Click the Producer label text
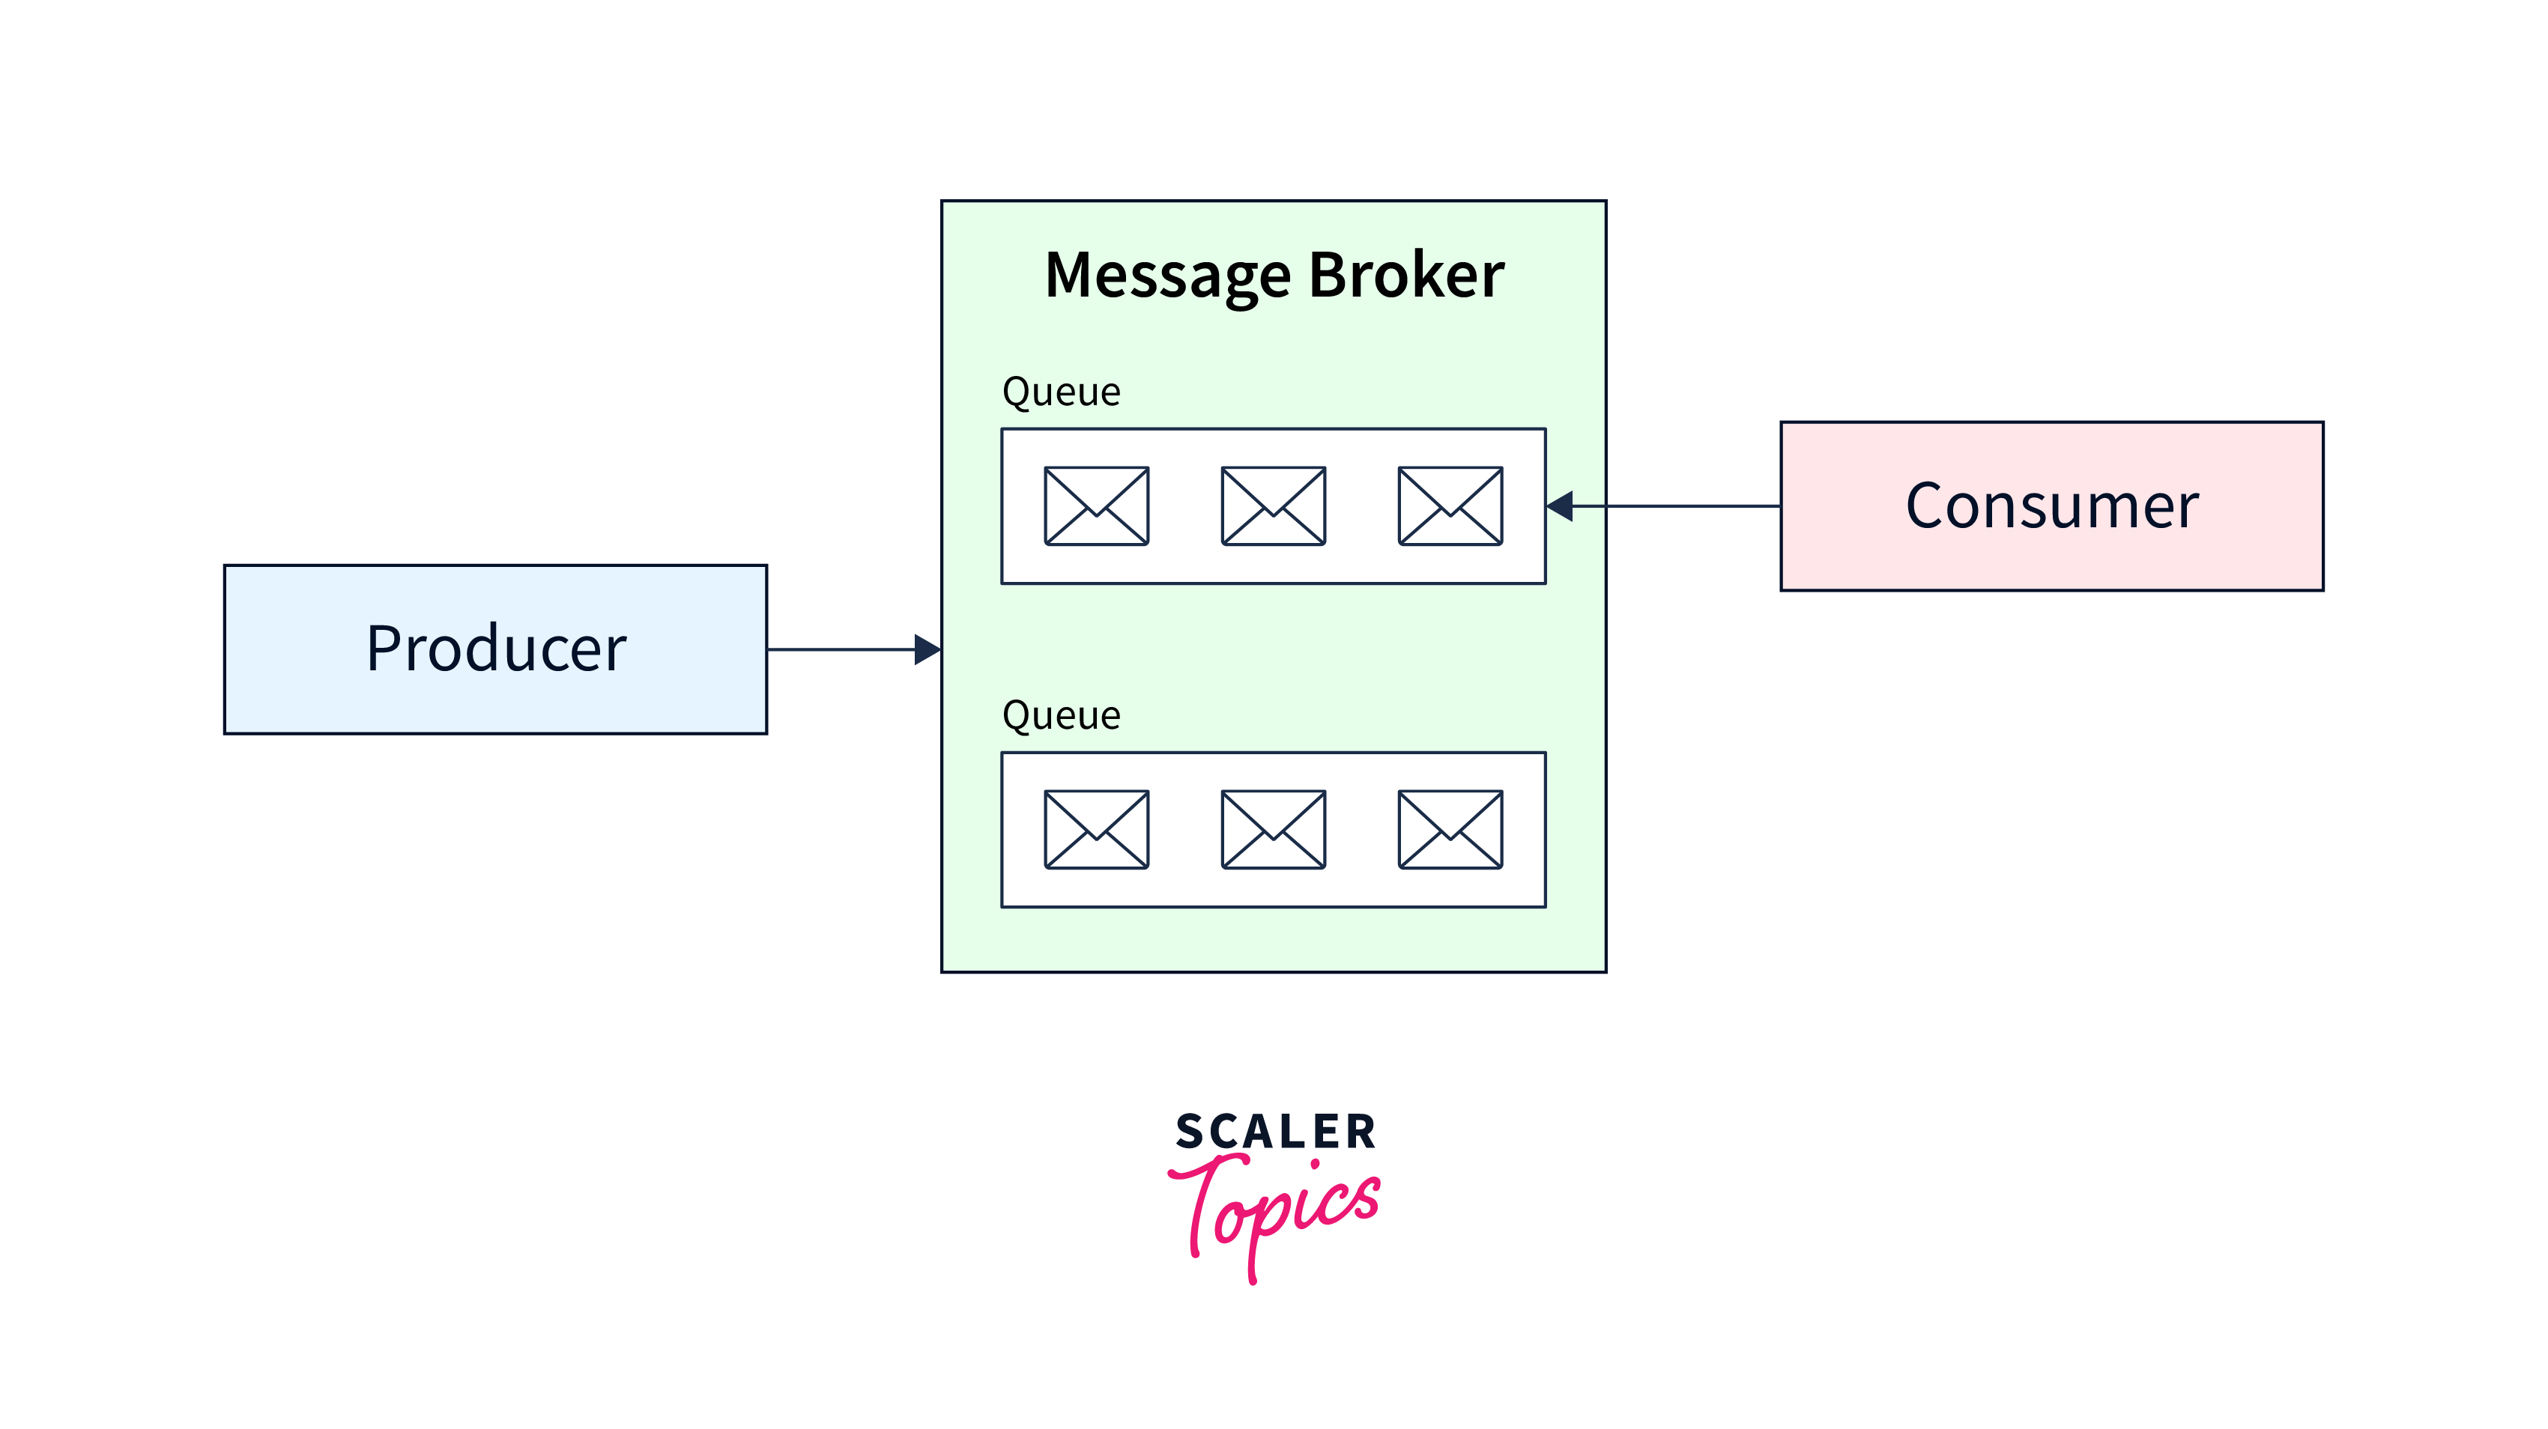[x=495, y=649]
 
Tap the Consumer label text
[x=2051, y=506]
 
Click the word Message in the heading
[x=1167, y=275]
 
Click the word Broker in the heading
[x=1405, y=275]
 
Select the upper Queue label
[x=1060, y=392]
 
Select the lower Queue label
[x=1060, y=716]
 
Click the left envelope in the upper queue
[x=1096, y=506]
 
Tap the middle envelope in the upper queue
[x=1273, y=506]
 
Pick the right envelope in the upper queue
[x=1450, y=506]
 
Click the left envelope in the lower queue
[x=1096, y=830]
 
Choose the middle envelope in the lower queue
[x=1273, y=830]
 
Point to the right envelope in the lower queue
[x=1450, y=830]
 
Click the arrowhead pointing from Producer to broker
[x=927, y=650]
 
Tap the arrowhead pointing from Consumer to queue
[x=1561, y=506]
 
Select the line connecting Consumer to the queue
[x=1681, y=506]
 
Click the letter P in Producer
[x=383, y=649]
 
